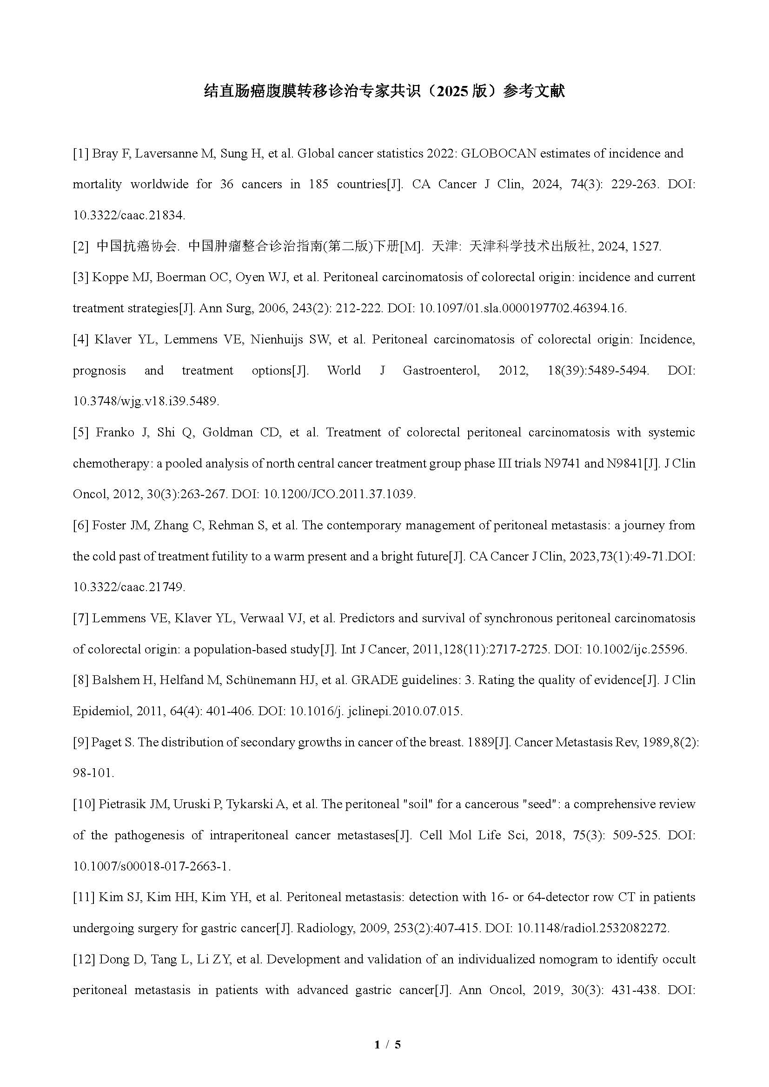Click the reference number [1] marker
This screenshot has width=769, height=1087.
pyautogui.click(x=80, y=153)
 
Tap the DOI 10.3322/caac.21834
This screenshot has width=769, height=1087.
pyautogui.click(x=129, y=216)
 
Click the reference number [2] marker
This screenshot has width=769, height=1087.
pyautogui.click(x=80, y=246)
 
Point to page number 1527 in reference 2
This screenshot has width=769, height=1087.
pyautogui.click(x=645, y=246)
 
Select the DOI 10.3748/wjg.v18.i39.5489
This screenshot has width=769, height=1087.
pyautogui.click(x=146, y=402)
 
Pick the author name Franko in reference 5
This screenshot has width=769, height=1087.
pyautogui.click(x=115, y=432)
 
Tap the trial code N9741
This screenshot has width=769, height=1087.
pyautogui.click(x=562, y=463)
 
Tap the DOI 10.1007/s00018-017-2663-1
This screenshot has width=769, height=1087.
pyautogui.click(x=152, y=866)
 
